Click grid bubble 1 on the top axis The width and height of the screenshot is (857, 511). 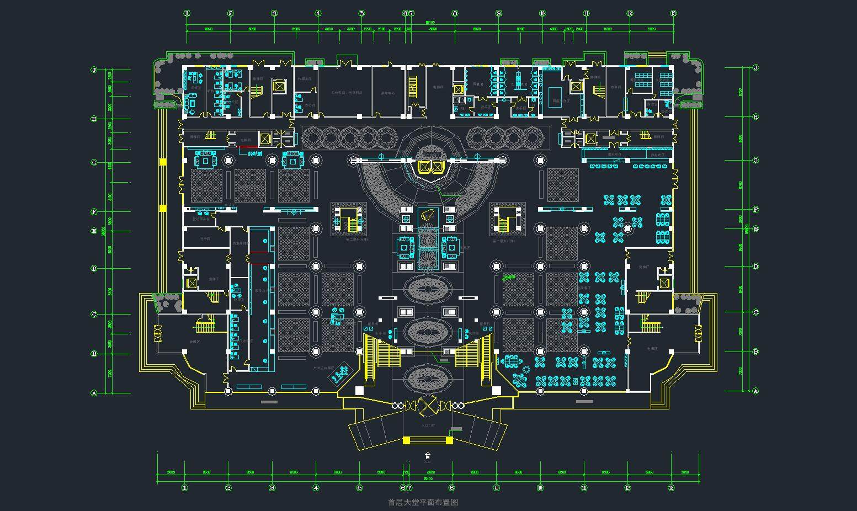click(x=187, y=13)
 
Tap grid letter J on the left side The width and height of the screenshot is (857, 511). click(x=94, y=70)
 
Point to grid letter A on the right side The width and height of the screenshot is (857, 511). click(x=755, y=391)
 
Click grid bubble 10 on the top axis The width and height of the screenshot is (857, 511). click(x=542, y=13)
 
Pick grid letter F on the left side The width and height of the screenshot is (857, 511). click(x=94, y=212)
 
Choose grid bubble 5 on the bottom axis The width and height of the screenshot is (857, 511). click(x=359, y=487)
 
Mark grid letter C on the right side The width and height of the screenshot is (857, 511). click(x=755, y=312)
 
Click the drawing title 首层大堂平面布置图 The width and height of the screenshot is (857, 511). click(x=423, y=502)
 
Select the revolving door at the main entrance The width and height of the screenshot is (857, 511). click(x=427, y=406)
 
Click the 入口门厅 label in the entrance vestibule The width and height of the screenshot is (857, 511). click(x=428, y=425)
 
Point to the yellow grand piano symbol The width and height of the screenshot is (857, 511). click(x=426, y=216)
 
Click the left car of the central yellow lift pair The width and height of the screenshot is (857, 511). click(x=423, y=167)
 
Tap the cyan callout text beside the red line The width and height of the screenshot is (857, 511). click(x=255, y=155)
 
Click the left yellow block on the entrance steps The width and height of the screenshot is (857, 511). click(x=407, y=440)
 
